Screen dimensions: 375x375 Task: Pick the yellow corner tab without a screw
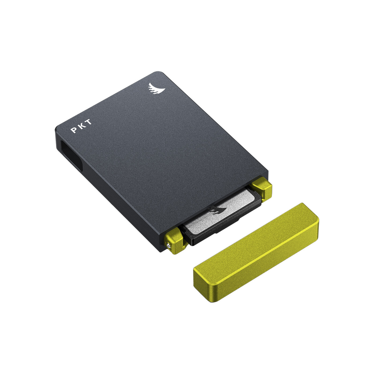(261, 189)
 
